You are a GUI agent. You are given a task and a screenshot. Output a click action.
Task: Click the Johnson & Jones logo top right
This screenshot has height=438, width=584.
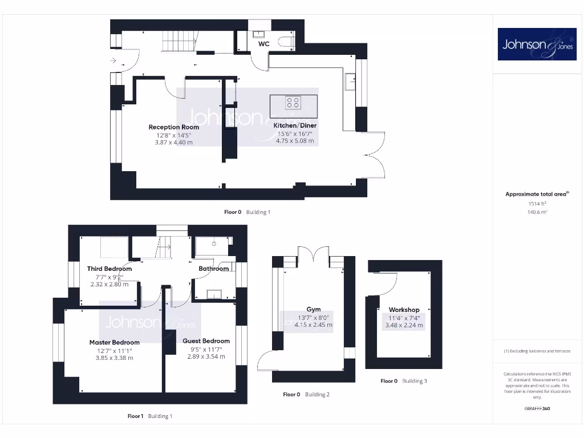click(x=537, y=44)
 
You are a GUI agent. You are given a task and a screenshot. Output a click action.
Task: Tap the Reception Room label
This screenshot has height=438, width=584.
click(x=174, y=127)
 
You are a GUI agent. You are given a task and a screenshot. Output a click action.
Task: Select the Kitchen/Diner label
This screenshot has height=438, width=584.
click(x=295, y=125)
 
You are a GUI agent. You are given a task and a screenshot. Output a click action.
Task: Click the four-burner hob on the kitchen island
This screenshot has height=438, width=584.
click(x=293, y=103)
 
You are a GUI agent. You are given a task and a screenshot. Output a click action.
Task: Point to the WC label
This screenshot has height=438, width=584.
click(x=264, y=43)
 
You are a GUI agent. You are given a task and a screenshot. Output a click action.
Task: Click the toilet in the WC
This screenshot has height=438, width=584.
click(x=287, y=41)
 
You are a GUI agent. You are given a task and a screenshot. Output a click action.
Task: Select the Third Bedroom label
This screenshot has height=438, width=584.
click(x=109, y=269)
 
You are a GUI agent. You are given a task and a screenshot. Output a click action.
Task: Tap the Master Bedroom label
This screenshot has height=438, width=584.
click(x=114, y=343)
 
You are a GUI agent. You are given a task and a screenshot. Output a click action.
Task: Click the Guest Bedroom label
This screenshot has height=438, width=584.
click(x=206, y=341)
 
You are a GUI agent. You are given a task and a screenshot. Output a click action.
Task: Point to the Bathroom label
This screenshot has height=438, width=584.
click(x=213, y=269)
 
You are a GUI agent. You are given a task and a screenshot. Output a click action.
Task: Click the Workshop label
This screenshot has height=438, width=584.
click(x=404, y=310)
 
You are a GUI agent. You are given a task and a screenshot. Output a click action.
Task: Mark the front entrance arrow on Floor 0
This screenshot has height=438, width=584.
click(x=113, y=60)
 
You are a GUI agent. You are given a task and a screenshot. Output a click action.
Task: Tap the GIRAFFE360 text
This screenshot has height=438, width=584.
click(x=536, y=408)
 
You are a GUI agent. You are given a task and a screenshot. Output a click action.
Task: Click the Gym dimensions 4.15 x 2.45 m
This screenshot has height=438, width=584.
click(x=313, y=325)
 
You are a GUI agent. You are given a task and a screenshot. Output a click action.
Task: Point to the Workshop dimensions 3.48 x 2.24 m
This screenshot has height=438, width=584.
click(x=404, y=326)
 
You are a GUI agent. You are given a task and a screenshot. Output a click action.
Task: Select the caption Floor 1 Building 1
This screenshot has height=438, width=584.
click(x=149, y=416)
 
